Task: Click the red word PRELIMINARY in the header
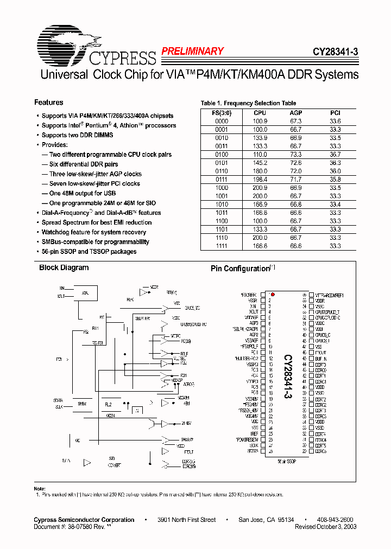(192, 52)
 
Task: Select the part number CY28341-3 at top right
(335, 53)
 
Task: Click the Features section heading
(48, 103)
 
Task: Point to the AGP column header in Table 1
(296, 113)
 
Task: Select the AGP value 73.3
(296, 154)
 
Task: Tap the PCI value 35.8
(335, 178)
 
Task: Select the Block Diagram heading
(64, 267)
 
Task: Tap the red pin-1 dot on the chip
(272, 294)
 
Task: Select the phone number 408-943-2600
(335, 520)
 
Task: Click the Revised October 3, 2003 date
(325, 527)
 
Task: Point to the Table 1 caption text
(248, 103)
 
